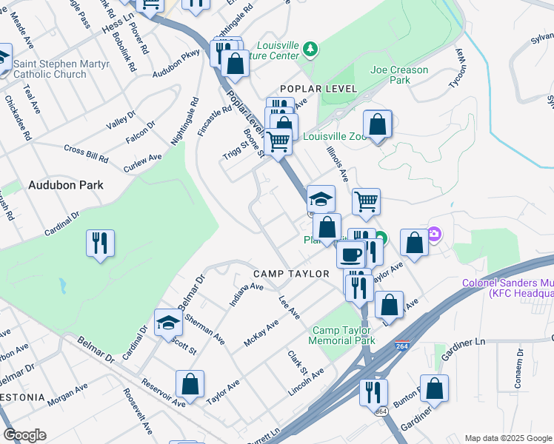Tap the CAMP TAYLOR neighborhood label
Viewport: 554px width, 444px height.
(x=291, y=274)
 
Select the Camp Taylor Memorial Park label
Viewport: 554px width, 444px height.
(x=344, y=335)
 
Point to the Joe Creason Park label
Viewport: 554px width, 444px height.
(x=400, y=75)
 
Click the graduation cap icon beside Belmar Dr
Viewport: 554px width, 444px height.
(x=168, y=322)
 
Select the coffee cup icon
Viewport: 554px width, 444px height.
(x=350, y=254)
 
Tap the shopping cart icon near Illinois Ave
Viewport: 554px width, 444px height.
(x=366, y=201)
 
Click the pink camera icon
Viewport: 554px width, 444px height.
(x=435, y=235)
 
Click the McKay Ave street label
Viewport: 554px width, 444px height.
(x=261, y=333)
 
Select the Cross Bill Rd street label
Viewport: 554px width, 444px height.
(x=86, y=154)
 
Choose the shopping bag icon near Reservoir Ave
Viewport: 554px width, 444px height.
(x=190, y=384)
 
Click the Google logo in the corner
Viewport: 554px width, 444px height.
(x=24, y=435)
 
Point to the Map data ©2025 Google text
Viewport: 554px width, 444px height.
(x=507, y=438)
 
